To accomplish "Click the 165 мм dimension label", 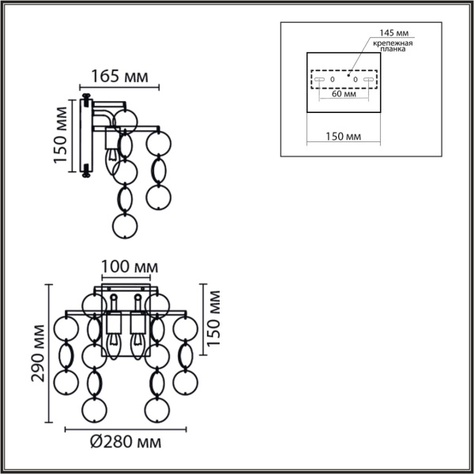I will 121,77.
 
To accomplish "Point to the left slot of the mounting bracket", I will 320,80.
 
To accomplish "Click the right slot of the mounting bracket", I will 368,80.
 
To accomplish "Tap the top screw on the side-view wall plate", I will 85,99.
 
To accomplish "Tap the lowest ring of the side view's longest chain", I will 125,227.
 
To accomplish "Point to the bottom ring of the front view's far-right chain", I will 186,383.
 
